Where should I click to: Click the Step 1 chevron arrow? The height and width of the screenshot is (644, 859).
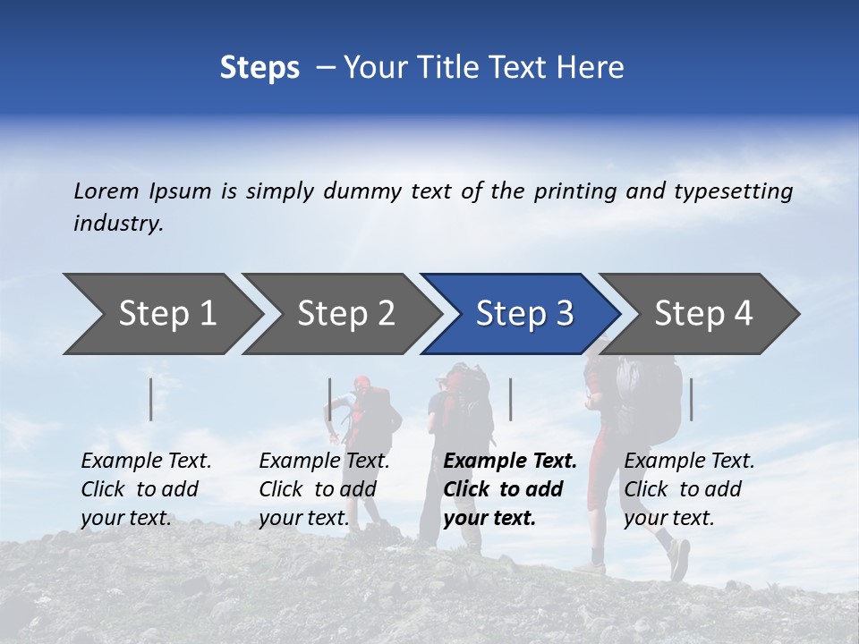coord(166,314)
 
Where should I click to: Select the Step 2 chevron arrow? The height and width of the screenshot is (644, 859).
coord(344,314)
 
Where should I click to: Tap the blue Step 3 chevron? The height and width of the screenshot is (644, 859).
coord(523,314)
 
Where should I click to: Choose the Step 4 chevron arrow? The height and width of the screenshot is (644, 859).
coord(702,314)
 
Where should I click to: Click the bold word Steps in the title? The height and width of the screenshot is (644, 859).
coord(259,68)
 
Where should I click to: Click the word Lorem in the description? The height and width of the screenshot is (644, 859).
coord(106,191)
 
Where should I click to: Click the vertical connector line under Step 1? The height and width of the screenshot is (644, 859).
coord(151,399)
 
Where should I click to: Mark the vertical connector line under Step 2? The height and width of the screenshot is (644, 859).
coord(330,399)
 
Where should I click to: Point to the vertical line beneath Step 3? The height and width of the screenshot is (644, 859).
coord(511,399)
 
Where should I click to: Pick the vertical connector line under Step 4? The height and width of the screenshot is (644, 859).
coord(692,399)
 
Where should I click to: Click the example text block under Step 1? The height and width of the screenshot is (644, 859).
coord(146,489)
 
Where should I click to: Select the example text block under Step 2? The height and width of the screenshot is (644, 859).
coord(324,489)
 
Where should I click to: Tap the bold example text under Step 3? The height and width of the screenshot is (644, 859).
coord(509,489)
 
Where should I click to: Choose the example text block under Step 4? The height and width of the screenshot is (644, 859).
coord(689,489)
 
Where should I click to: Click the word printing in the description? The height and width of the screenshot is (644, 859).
coord(572,192)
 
